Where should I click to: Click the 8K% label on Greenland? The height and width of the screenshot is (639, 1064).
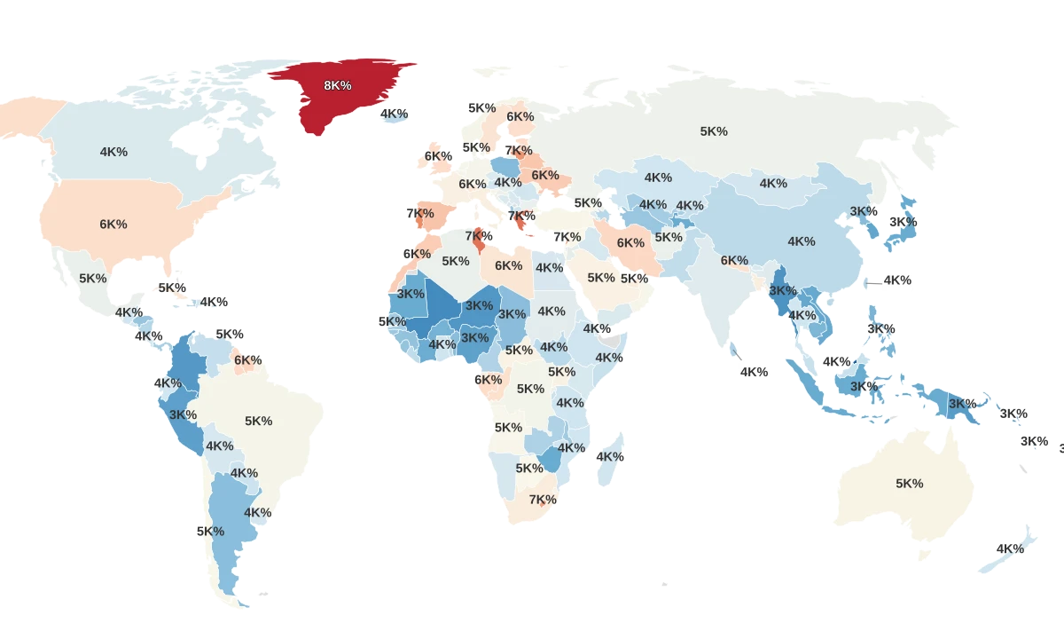pyautogui.click(x=337, y=85)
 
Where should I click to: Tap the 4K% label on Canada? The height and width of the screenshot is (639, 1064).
pyautogui.click(x=113, y=152)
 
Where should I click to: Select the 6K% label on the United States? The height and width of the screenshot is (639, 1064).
pyautogui.click(x=113, y=225)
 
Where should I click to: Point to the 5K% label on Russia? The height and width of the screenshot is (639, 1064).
pyautogui.click(x=714, y=131)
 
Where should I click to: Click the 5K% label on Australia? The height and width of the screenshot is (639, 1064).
pyautogui.click(x=909, y=484)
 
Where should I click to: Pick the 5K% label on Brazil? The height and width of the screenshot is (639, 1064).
pyautogui.click(x=259, y=421)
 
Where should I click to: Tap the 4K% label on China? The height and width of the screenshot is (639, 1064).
pyautogui.click(x=801, y=241)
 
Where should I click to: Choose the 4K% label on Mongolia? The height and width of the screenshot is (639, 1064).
pyautogui.click(x=773, y=184)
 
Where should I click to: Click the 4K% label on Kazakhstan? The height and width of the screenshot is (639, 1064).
pyautogui.click(x=658, y=177)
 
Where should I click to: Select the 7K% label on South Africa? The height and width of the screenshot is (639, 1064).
pyautogui.click(x=543, y=500)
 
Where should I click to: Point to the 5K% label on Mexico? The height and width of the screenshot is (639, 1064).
pyautogui.click(x=93, y=278)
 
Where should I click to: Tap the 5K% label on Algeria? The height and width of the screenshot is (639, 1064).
pyautogui.click(x=455, y=261)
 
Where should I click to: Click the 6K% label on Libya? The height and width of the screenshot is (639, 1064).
pyautogui.click(x=508, y=265)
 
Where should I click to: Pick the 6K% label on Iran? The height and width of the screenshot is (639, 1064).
pyautogui.click(x=630, y=243)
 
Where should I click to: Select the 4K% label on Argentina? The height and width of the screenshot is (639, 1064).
pyautogui.click(x=257, y=513)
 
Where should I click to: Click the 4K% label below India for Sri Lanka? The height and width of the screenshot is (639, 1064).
pyautogui.click(x=754, y=373)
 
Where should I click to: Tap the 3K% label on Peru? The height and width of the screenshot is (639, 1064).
pyautogui.click(x=183, y=414)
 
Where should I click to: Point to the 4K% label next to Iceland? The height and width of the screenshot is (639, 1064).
pyautogui.click(x=395, y=114)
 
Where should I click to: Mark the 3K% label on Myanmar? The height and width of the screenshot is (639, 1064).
pyautogui.click(x=782, y=290)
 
